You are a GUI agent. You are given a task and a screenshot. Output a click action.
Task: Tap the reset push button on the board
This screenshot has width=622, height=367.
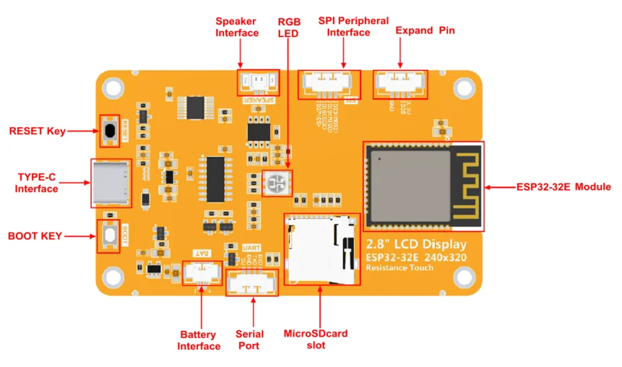110,131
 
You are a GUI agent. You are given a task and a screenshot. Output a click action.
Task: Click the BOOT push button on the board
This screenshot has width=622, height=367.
109,236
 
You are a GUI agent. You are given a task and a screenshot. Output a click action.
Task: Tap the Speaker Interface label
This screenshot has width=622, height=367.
237,27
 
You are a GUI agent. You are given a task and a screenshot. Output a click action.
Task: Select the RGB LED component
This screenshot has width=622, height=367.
274,185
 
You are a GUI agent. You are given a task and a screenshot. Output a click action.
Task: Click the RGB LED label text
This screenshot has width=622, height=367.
289,27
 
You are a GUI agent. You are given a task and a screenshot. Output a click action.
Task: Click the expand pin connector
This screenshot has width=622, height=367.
399,83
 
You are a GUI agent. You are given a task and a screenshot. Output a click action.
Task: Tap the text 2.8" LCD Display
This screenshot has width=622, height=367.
415,243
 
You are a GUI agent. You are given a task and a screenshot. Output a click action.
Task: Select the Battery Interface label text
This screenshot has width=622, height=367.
199,340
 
